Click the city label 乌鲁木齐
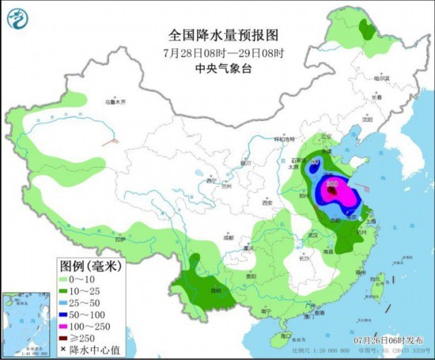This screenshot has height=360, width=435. (x=116, y=101)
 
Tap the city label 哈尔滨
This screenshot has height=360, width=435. (x=382, y=78)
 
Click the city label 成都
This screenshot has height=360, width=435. (x=228, y=237)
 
